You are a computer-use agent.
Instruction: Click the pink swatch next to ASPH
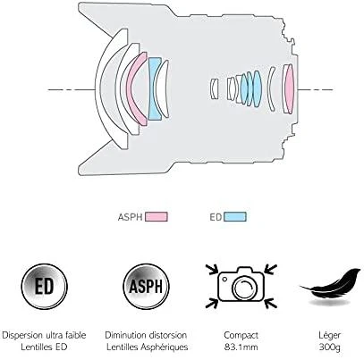pos(157,216)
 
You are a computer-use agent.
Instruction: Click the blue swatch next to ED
pos(235,216)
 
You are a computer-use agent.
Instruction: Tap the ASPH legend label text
pos(130,217)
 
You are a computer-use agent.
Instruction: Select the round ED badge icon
pos(44,287)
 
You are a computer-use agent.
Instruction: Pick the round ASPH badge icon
pos(146,287)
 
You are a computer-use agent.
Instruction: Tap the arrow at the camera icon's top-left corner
pos(212,269)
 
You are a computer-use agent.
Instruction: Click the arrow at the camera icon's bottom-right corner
pos(270,303)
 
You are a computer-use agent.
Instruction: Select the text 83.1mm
pos(241,347)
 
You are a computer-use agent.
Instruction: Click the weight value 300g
pos(330,347)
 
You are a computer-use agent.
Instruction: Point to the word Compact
pos(241,335)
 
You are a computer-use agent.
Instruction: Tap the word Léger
pos(329,335)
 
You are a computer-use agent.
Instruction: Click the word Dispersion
pos(22,335)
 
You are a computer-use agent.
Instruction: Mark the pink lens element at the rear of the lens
pos(289,88)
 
